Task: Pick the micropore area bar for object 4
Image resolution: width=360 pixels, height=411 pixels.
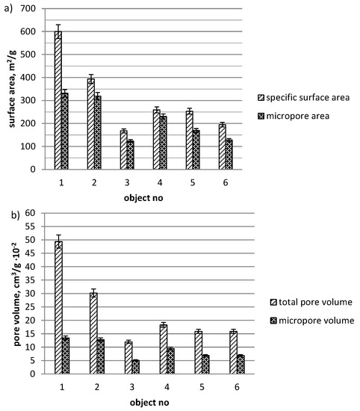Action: click(x=164, y=142)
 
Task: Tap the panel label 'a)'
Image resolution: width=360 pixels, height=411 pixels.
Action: click(x=7, y=7)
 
